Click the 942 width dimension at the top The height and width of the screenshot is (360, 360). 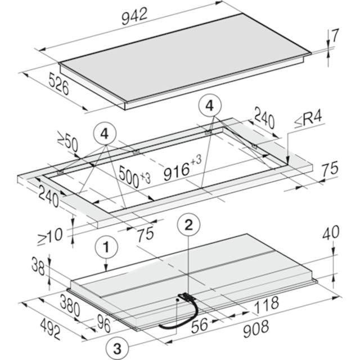(134, 16)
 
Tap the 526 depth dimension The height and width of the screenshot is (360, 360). (58, 84)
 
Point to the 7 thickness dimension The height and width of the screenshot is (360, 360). (335, 35)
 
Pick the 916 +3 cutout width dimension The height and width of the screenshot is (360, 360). (182, 168)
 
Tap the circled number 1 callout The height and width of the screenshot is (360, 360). (106, 247)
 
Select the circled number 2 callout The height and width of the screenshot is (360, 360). (188, 225)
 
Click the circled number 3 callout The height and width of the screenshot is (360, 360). (118, 349)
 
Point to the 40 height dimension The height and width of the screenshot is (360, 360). (331, 232)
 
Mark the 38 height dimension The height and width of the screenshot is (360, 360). (38, 266)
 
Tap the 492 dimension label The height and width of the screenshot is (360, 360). (51, 330)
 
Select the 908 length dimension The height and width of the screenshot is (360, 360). (256, 328)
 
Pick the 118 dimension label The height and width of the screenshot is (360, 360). (267, 305)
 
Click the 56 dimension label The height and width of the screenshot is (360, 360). (200, 324)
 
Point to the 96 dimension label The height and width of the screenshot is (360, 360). (103, 323)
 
